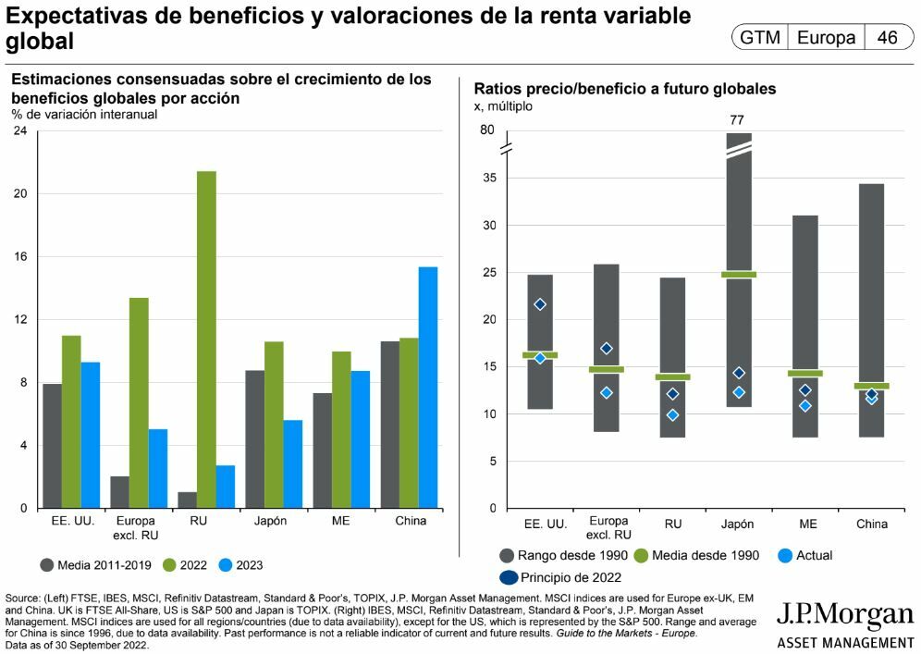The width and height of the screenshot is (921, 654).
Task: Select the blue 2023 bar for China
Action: (x=428, y=388)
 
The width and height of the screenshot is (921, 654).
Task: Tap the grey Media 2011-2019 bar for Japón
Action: (x=254, y=439)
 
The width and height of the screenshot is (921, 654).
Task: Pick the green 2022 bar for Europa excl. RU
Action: (x=139, y=402)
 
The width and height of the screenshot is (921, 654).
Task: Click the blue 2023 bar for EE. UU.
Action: (x=90, y=435)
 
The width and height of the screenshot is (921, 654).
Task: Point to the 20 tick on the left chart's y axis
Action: (x=20, y=194)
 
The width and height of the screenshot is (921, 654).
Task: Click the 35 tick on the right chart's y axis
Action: (x=490, y=178)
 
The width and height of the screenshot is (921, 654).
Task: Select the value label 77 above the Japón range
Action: (x=737, y=119)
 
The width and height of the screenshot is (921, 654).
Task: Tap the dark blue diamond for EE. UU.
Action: (x=540, y=304)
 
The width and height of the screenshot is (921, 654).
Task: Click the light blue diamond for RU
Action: (x=672, y=415)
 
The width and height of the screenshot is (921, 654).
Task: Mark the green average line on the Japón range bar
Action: (x=739, y=275)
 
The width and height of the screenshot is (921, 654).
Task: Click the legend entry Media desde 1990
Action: (x=705, y=555)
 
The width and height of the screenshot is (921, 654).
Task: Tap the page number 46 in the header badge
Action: (x=888, y=38)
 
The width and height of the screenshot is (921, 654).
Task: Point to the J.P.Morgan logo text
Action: (x=844, y=617)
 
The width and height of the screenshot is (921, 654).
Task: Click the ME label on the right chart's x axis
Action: (x=807, y=524)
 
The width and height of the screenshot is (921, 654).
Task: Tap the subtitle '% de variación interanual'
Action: (x=85, y=115)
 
